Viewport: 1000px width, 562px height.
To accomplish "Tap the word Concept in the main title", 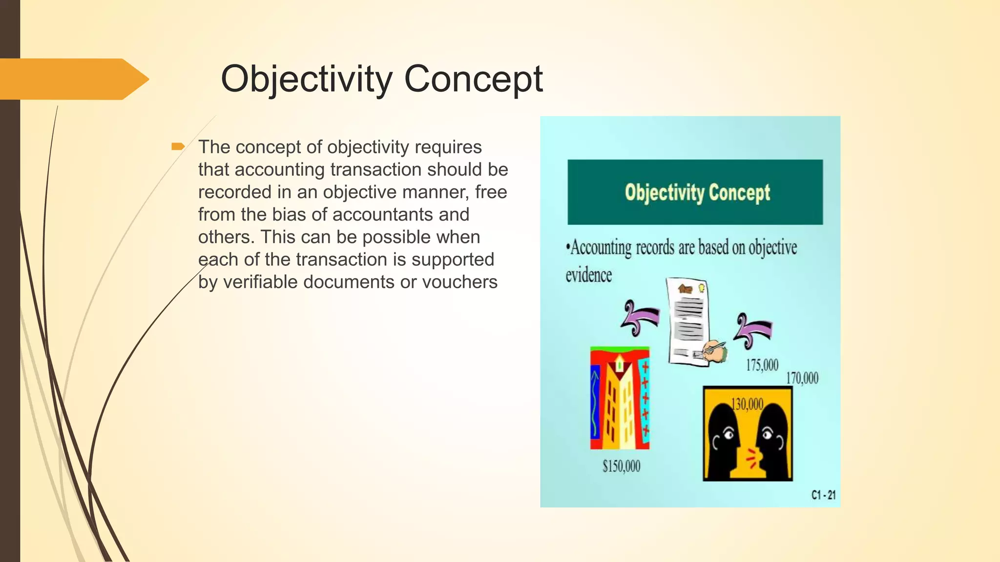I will tap(473, 79).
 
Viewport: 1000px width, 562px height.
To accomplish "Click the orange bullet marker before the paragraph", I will tap(178, 146).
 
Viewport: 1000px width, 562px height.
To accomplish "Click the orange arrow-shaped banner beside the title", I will tap(73, 79).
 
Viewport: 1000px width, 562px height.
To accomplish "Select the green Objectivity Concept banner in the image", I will tap(695, 192).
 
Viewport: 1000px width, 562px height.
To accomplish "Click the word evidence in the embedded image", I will tap(588, 276).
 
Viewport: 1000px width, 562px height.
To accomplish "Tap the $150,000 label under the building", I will tap(621, 466).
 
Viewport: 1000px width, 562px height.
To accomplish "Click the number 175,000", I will tap(762, 365).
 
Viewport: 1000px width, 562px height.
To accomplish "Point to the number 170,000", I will tap(802, 378).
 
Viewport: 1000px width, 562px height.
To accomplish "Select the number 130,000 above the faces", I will tap(747, 404).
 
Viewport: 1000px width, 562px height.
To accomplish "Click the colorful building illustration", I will tap(620, 398).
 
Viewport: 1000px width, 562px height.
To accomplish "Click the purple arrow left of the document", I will tap(639, 319).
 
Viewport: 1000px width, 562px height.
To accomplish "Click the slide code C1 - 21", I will tap(823, 495).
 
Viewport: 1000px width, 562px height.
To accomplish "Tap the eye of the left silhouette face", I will tap(729, 433).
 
